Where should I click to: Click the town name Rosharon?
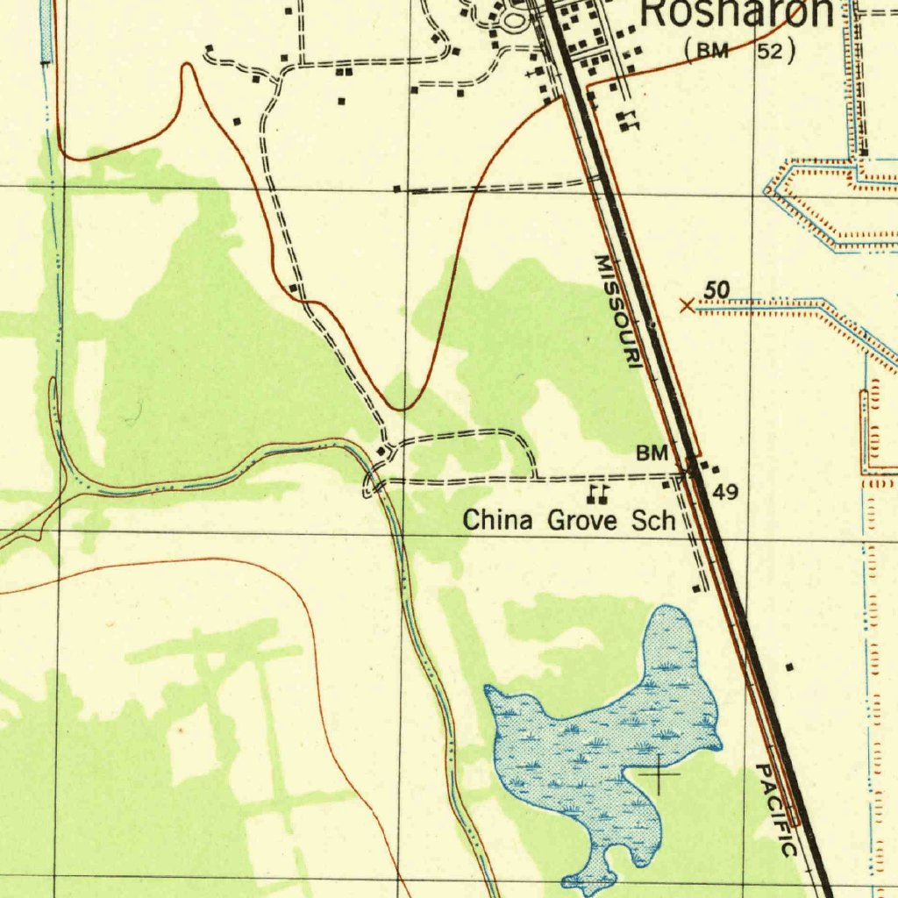click(737, 12)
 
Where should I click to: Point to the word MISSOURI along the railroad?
click(617, 311)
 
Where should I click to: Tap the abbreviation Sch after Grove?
click(653, 520)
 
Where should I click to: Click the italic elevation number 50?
click(716, 290)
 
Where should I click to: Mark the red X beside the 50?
click(687, 305)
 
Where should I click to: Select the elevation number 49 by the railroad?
click(724, 492)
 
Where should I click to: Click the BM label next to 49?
click(652, 453)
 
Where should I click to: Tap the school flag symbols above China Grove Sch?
click(598, 495)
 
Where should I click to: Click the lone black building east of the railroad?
click(788, 668)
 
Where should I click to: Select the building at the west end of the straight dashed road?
click(397, 189)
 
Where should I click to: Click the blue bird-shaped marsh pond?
click(605, 745)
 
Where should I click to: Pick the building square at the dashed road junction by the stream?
click(380, 452)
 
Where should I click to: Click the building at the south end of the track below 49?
click(696, 588)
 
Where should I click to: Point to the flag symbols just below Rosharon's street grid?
click(627, 122)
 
